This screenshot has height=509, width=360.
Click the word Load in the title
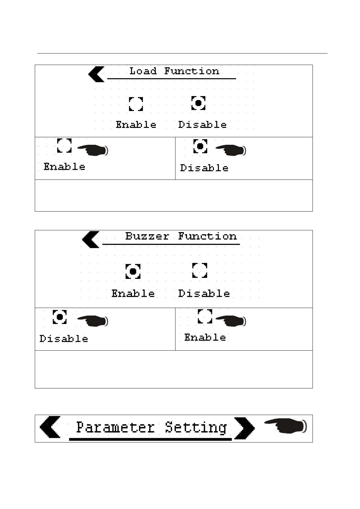coord(143,71)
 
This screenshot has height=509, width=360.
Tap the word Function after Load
coord(191,71)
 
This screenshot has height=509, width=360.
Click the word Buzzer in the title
coord(147,236)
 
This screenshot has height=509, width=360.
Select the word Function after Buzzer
coord(207,236)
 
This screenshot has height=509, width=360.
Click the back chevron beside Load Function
coord(96,74)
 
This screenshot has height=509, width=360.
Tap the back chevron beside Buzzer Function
coord(90,239)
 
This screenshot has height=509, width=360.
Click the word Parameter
coord(115,427)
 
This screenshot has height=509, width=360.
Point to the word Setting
coord(196,427)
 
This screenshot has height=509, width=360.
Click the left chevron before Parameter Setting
coord(50,427)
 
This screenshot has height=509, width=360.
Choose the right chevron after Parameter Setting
coord(244,428)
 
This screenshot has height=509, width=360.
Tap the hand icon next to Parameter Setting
coord(285,426)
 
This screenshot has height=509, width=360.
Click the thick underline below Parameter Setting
coord(150,439)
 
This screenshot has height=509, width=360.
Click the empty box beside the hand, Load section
coord(64,146)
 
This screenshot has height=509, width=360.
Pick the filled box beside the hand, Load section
coord(200,146)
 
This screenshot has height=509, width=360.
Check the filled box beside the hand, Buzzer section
coord(60,317)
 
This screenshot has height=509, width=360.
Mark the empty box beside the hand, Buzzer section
coord(205,316)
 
